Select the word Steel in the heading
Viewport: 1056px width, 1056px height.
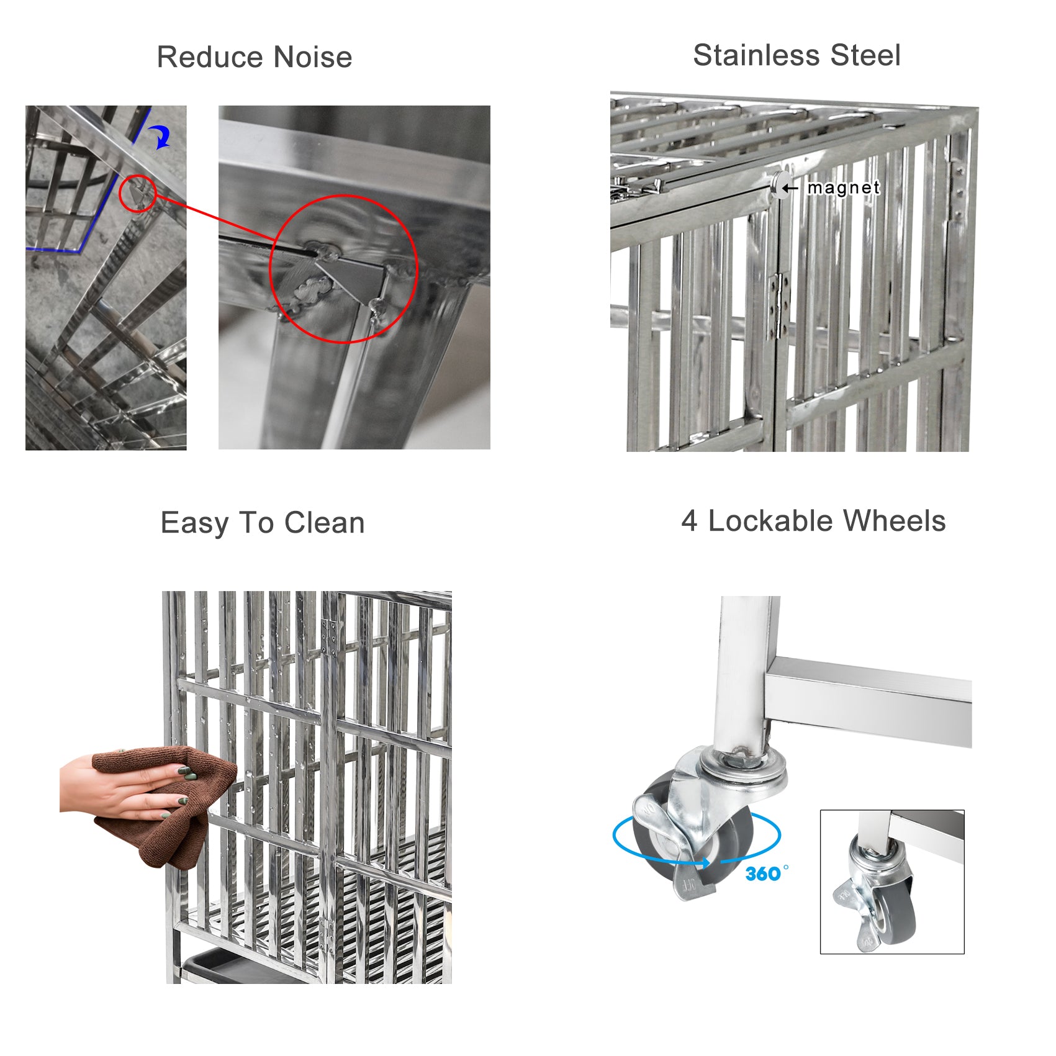[865, 55]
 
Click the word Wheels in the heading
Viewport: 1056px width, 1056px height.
[894, 521]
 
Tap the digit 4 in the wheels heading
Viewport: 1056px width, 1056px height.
[688, 521]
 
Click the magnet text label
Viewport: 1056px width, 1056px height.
[843, 187]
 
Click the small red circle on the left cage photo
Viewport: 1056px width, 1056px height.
[137, 194]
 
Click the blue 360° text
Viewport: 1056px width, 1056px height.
[766, 874]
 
